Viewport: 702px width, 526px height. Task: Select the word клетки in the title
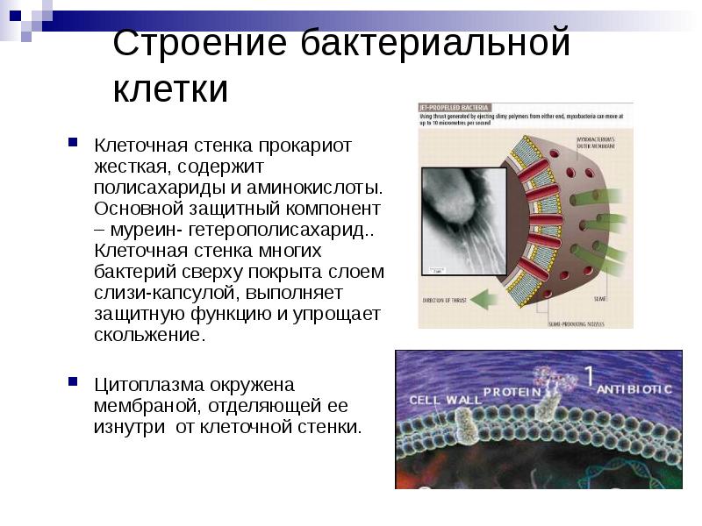pyautogui.click(x=170, y=89)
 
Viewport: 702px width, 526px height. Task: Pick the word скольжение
pyautogui.click(x=148, y=336)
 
